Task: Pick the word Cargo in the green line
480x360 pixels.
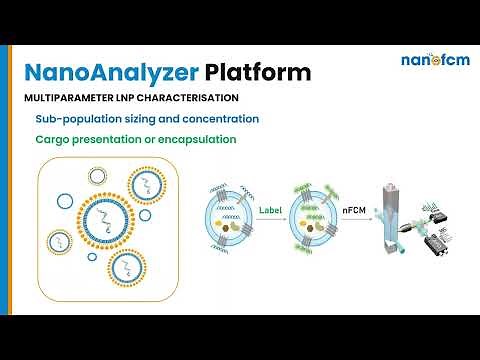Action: point(53,139)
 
